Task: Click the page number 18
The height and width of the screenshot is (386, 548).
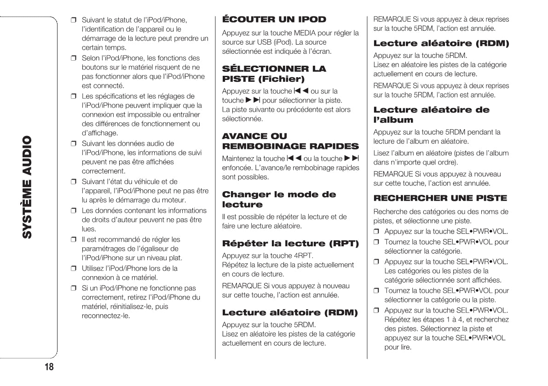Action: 48,367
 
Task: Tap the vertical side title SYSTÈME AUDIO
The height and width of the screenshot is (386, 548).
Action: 28,187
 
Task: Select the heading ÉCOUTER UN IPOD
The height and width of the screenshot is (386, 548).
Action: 274,19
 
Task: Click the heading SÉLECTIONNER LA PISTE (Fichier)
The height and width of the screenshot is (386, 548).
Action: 274,74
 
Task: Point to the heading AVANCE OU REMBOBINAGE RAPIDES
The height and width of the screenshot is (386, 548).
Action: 290,141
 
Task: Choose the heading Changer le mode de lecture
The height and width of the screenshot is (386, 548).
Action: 279,199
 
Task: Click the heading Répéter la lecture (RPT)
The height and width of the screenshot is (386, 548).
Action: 290,244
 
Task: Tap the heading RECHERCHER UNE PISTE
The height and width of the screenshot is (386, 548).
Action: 440,198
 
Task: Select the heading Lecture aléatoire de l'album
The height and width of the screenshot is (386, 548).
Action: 431,114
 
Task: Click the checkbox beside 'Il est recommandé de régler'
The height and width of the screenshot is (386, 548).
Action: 73,240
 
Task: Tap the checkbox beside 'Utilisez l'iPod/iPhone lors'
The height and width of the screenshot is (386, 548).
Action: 73,268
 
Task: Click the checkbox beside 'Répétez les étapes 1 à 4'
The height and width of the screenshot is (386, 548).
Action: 376,310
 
